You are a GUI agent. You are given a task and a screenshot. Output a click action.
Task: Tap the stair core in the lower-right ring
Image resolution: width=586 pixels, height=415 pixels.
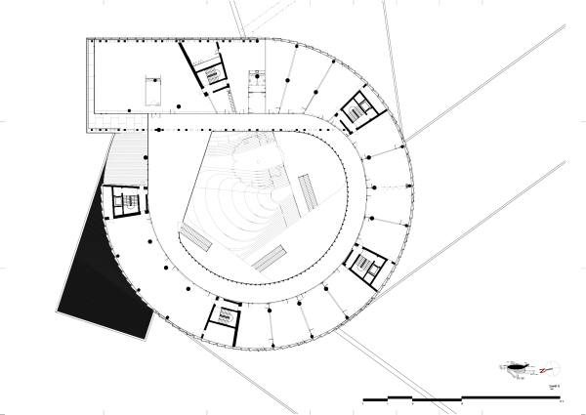pyautogui.click(x=366, y=264)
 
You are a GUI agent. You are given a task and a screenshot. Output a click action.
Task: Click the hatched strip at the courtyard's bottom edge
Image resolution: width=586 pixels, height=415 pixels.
pyautogui.click(x=271, y=257)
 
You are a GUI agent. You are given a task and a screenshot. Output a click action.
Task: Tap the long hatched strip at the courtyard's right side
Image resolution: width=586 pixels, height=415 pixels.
pyautogui.click(x=308, y=195)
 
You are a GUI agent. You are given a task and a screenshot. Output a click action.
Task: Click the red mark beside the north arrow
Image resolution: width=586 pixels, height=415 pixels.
pyautogui.click(x=534, y=369)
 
